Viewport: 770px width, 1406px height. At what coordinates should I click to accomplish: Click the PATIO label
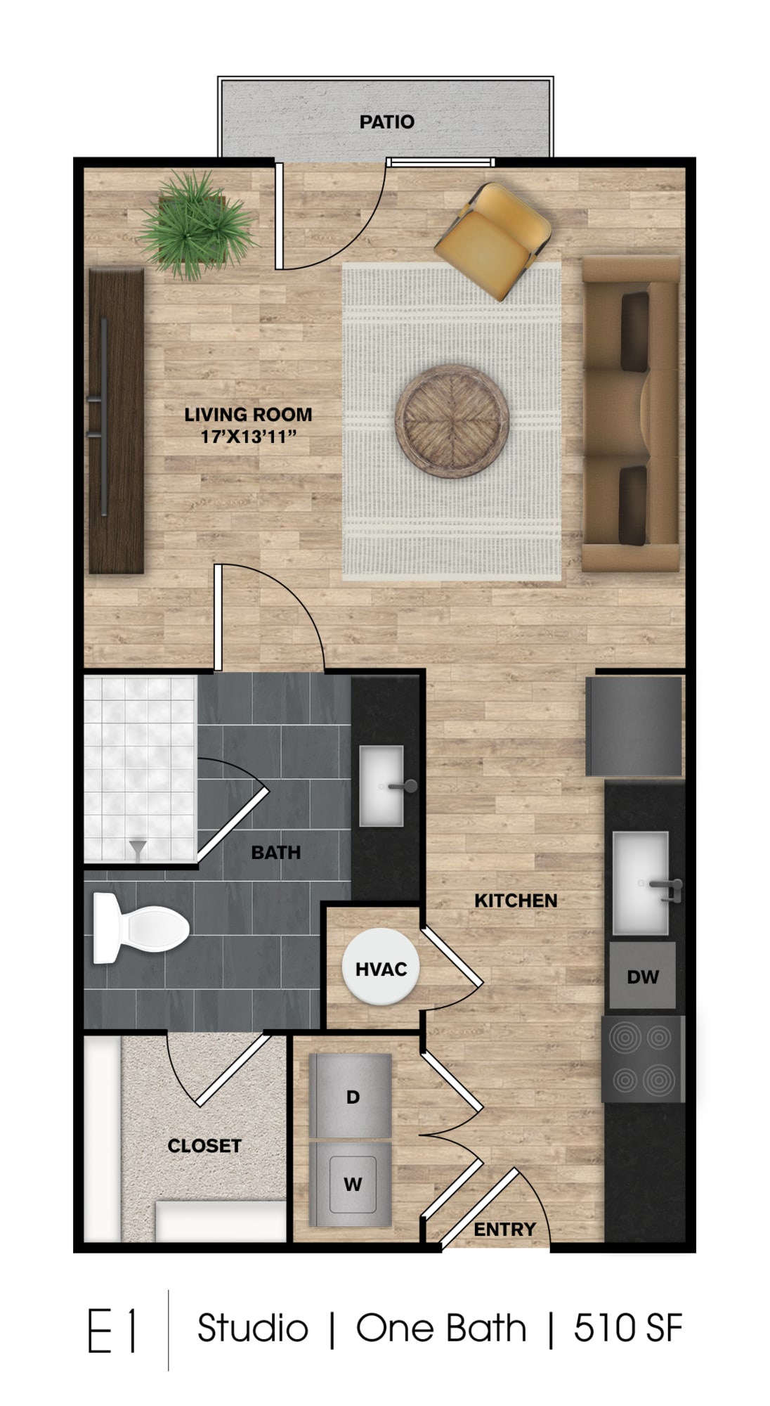pyautogui.click(x=386, y=122)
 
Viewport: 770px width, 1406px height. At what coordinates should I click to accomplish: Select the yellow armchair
pyautogui.click(x=492, y=241)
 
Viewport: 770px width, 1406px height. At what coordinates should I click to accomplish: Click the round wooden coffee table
pyautogui.click(x=452, y=420)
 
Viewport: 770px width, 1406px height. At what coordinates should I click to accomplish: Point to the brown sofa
pyautogui.click(x=631, y=413)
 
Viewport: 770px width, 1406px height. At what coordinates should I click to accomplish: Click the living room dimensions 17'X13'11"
pyautogui.click(x=248, y=437)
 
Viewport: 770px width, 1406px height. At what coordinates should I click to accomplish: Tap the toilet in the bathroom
pyautogui.click(x=141, y=928)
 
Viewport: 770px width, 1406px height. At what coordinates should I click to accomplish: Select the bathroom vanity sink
pyautogui.click(x=382, y=786)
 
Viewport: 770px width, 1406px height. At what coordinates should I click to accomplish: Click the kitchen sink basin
pyautogui.click(x=640, y=883)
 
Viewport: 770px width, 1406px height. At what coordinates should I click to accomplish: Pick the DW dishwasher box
pyautogui.click(x=642, y=976)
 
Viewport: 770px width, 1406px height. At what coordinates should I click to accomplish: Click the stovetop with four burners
pyautogui.click(x=642, y=1059)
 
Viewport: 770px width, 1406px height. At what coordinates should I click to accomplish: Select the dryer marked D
pyautogui.click(x=351, y=1095)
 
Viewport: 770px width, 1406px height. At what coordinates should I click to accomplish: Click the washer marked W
pyautogui.click(x=351, y=1184)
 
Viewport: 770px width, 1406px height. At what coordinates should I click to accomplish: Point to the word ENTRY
pyautogui.click(x=504, y=1230)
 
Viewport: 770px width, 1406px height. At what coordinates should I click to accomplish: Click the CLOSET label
pyautogui.click(x=204, y=1146)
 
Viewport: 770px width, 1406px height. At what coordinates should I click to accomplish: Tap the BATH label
pyautogui.click(x=276, y=853)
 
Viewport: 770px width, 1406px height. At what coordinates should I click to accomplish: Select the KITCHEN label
pyautogui.click(x=516, y=901)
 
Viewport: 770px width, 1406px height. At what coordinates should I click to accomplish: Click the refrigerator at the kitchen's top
pyautogui.click(x=634, y=726)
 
